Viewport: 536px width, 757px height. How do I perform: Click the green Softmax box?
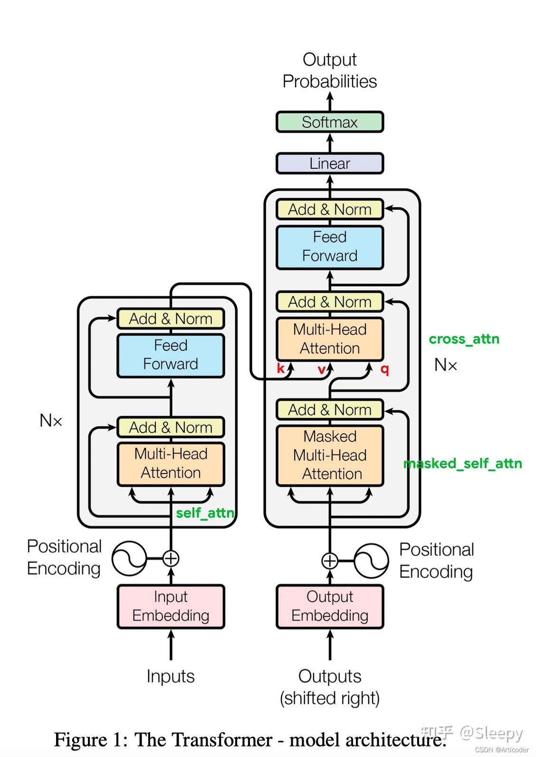pyautogui.click(x=329, y=122)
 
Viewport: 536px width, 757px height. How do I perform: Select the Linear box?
pyautogui.click(x=329, y=164)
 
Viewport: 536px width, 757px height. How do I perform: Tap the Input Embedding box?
pyautogui.click(x=171, y=606)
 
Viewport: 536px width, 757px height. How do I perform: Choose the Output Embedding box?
pyautogui.click(x=329, y=606)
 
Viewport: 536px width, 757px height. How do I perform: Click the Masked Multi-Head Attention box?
pyautogui.click(x=329, y=455)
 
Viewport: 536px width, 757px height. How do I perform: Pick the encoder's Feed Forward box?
pyautogui.click(x=171, y=355)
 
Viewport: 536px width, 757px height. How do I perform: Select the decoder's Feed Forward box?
pyautogui.click(x=329, y=247)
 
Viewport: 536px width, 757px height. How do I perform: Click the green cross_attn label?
pyautogui.click(x=464, y=339)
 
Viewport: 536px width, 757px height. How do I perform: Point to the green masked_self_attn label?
pyautogui.click(x=462, y=464)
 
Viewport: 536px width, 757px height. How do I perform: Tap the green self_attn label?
pyautogui.click(x=205, y=513)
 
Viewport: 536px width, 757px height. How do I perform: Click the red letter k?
pyautogui.click(x=280, y=369)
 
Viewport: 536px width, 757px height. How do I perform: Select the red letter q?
pyautogui.click(x=384, y=369)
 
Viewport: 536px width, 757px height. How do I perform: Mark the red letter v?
pyautogui.click(x=321, y=369)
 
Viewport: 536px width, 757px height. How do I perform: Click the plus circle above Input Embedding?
pyautogui.click(x=171, y=558)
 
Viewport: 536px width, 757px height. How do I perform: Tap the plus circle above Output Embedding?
pyautogui.click(x=329, y=561)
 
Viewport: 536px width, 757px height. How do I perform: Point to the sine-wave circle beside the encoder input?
pyautogui.click(x=129, y=558)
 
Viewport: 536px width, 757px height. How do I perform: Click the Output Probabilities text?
pyautogui.click(x=329, y=70)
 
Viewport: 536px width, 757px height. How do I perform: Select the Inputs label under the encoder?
pyautogui.click(x=171, y=676)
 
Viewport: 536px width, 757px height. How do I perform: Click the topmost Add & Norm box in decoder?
pyautogui.click(x=329, y=209)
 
